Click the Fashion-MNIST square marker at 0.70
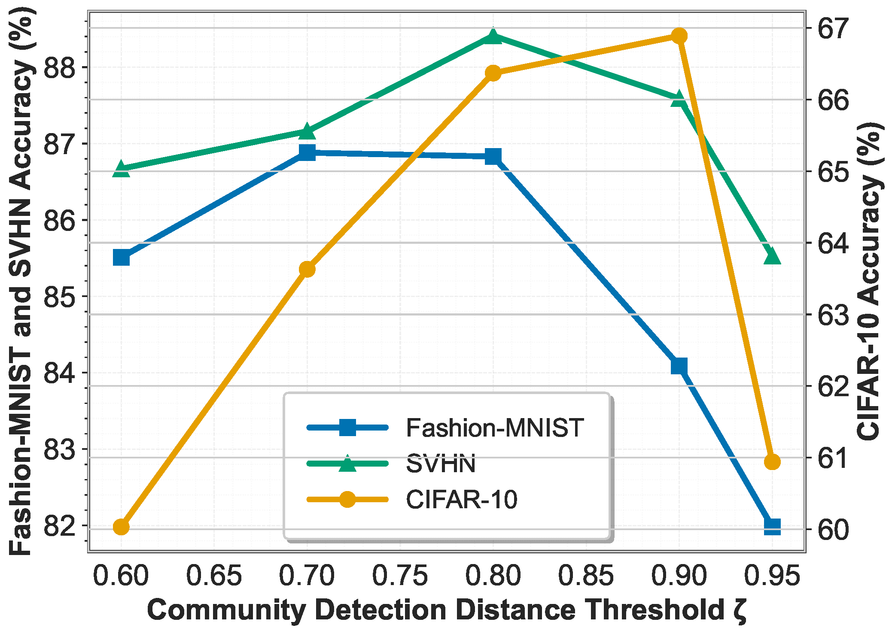pos(307,152)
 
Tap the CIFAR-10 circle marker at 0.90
pos(679,36)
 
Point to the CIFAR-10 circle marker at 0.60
pos(121,526)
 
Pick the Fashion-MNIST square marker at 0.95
pos(772,526)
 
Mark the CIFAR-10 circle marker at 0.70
pos(307,270)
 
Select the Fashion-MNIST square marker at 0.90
pos(679,366)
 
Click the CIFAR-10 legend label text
pos(462,500)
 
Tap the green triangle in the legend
pos(347,464)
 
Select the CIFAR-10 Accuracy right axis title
pos(870,281)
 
